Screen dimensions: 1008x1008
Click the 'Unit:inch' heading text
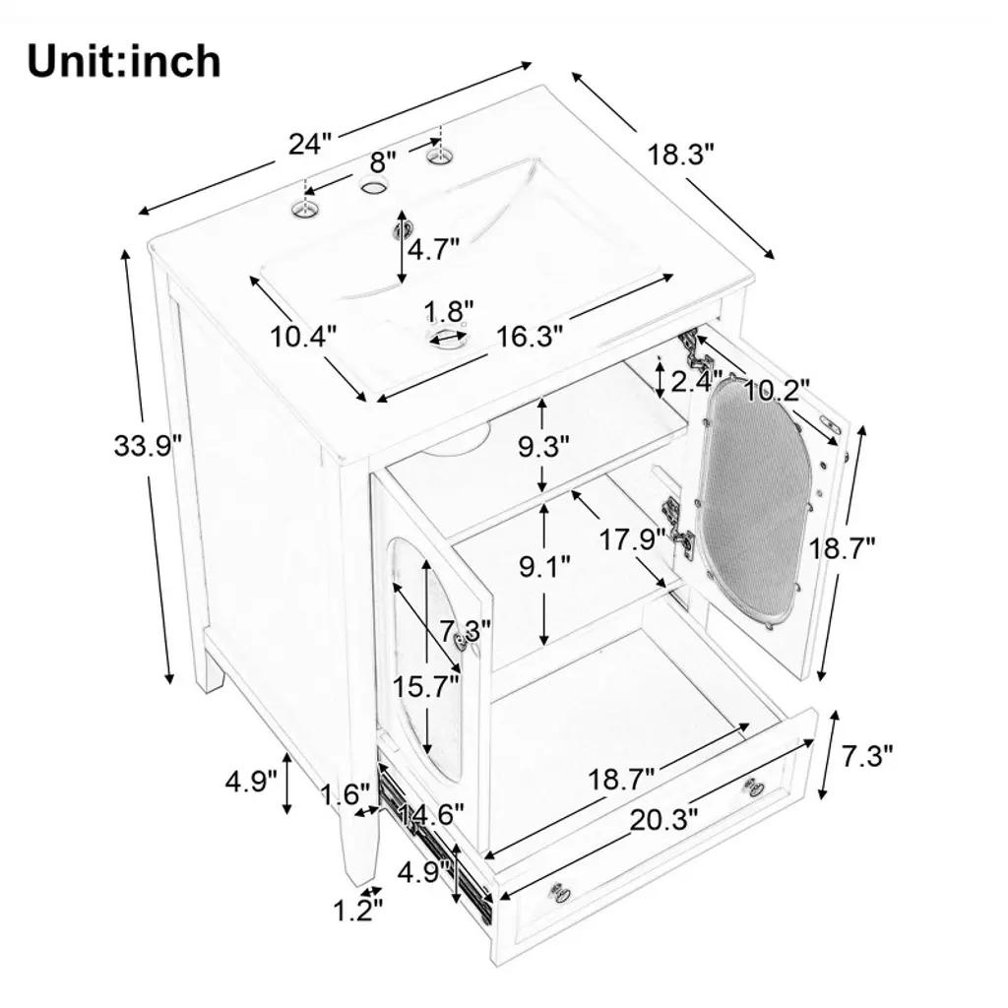coord(124,61)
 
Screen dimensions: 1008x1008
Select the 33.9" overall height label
coord(148,446)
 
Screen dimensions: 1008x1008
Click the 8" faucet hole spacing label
coord(383,159)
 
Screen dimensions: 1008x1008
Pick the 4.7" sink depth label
coord(434,249)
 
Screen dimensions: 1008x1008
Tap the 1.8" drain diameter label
coord(449,312)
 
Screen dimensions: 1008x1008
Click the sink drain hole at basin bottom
coord(448,340)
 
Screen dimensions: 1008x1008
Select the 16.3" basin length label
coord(530,336)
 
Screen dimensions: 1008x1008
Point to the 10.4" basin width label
coord(304,336)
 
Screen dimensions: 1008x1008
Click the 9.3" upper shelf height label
coord(544,446)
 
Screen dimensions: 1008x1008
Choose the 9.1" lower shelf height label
coord(544,568)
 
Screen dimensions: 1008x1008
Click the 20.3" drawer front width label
coord(665,817)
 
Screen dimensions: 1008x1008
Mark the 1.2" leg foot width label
coord(356,910)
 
